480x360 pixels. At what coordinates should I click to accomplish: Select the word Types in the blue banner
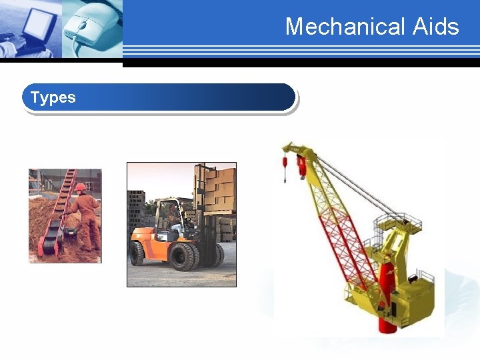53,97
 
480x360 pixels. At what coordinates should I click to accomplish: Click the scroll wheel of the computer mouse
83,25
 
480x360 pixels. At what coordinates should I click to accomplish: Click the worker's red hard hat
81,187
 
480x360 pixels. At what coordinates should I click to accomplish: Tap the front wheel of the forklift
183,256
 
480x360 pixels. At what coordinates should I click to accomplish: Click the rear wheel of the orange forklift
137,253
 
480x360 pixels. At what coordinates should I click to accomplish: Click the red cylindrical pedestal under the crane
386,300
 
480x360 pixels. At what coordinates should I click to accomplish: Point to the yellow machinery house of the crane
413,293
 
